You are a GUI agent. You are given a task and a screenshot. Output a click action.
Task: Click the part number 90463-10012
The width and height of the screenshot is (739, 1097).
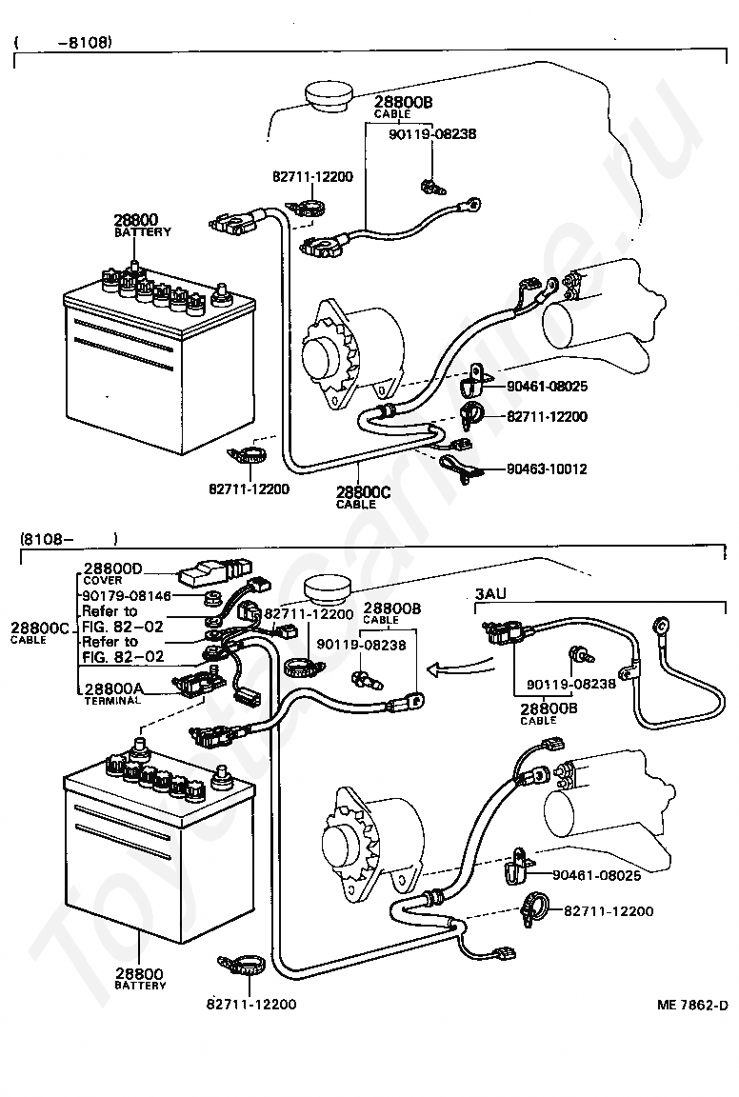point(547,469)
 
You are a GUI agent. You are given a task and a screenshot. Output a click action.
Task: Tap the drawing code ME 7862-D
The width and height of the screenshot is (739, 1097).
point(692,1006)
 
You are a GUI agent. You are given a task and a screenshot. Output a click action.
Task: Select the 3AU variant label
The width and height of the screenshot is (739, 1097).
point(490,594)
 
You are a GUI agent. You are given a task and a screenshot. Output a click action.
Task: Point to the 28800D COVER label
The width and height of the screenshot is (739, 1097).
point(112,573)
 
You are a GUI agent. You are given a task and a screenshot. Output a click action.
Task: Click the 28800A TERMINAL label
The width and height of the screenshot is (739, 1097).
point(112,693)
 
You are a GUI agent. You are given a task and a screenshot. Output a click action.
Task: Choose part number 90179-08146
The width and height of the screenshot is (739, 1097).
point(127,596)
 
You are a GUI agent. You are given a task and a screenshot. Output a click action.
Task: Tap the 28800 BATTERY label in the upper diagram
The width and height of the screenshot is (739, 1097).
point(142,226)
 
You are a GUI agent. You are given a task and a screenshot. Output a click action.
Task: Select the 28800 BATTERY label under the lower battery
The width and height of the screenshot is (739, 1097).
point(140,978)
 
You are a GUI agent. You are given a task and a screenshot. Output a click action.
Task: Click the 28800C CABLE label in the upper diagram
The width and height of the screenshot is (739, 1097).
point(363,497)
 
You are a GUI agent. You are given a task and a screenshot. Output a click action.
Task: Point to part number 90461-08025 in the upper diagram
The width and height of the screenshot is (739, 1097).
point(548,387)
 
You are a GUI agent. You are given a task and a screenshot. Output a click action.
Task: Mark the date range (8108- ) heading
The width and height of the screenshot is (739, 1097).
point(69,539)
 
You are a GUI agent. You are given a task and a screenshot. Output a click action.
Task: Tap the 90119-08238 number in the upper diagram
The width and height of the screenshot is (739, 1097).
point(432,133)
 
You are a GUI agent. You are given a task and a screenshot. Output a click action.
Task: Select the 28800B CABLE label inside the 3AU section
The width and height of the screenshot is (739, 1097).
point(549,713)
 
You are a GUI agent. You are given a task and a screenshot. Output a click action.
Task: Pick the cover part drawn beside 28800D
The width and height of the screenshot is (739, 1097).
point(214,573)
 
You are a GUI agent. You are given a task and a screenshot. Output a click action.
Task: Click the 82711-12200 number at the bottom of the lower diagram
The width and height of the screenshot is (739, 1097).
point(252,1004)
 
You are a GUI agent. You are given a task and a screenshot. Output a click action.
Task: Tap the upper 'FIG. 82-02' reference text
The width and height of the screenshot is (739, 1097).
point(123,627)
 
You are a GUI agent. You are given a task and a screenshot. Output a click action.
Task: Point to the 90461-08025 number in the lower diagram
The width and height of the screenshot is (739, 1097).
point(597,874)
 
